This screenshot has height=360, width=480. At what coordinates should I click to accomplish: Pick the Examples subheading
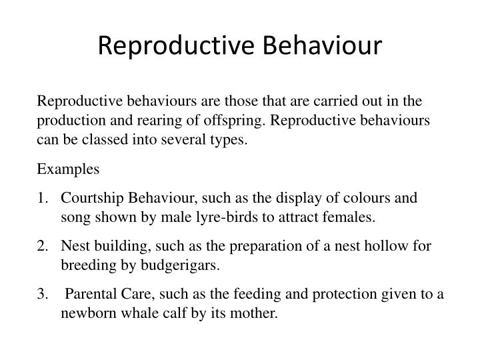click(x=68, y=169)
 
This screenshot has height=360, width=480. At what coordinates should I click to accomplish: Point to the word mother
click(x=255, y=313)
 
